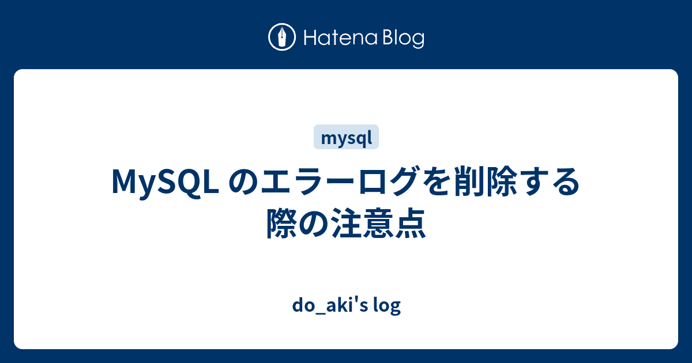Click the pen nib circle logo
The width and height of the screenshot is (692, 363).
[x=282, y=37]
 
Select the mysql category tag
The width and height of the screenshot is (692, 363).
[x=346, y=137]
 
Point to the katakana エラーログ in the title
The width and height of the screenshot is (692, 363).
[x=340, y=181]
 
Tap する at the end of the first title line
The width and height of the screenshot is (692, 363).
[x=549, y=181]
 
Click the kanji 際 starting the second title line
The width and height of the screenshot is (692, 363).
[x=282, y=223]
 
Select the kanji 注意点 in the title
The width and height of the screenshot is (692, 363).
[x=379, y=223]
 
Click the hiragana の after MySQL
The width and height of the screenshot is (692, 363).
[x=243, y=182]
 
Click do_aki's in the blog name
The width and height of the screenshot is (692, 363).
[x=330, y=305]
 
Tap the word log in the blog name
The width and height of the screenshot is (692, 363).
[x=387, y=305]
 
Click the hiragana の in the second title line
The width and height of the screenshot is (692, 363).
[x=314, y=224]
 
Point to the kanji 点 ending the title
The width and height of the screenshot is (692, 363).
[x=411, y=223]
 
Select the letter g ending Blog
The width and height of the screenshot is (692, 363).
[x=418, y=41]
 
